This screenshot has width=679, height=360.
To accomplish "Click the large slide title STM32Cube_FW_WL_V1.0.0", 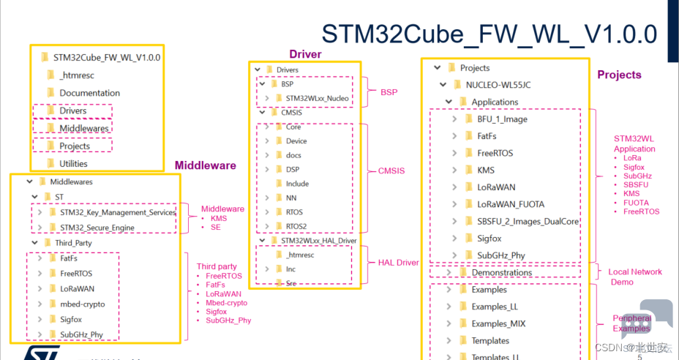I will (489, 34).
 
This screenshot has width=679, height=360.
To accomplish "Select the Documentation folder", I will (89, 93).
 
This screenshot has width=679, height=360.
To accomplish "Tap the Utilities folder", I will (73, 163).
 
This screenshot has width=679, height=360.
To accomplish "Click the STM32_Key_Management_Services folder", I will (117, 212).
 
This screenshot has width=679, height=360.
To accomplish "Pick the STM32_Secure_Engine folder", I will (97, 228).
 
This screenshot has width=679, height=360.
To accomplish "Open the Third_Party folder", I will (73, 243).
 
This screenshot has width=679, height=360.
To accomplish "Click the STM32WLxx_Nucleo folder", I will (317, 98).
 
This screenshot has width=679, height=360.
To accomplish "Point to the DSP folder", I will (292, 169).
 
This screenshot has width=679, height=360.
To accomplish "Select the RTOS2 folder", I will (296, 226).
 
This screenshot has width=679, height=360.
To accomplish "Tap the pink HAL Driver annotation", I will (399, 263).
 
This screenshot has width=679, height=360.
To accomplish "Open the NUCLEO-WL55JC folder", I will (498, 85).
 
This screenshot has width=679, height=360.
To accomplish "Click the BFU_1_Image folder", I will (502, 119).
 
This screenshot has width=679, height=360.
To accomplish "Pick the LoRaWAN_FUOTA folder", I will (511, 204).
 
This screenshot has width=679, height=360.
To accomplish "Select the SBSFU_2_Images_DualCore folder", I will (528, 221).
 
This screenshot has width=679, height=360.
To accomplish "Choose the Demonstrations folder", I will (501, 272).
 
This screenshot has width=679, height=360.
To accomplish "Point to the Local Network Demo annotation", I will (634, 277).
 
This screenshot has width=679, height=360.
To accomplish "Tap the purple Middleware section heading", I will (205, 165).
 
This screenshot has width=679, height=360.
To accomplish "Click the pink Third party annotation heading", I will (217, 266).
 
